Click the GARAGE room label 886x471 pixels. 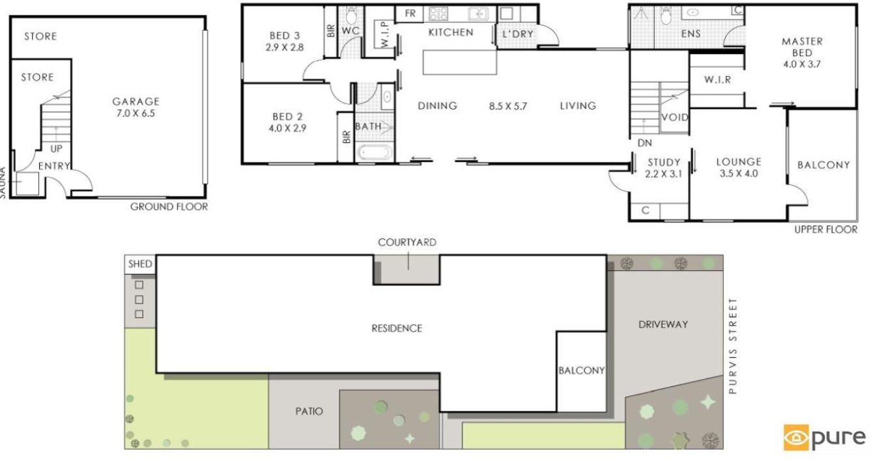click(x=136, y=102)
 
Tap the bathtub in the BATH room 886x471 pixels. click(x=374, y=152)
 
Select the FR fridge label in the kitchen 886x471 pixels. click(x=410, y=14)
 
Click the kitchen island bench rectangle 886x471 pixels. click(x=460, y=62)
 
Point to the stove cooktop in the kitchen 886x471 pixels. click(x=438, y=14)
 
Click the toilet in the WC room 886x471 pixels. click(x=351, y=16)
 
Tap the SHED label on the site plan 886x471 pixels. click(x=140, y=264)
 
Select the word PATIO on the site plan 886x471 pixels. click(x=309, y=411)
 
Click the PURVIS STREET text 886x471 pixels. click(x=733, y=346)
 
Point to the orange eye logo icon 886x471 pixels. click(x=796, y=437)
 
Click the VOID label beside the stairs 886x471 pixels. click(x=675, y=117)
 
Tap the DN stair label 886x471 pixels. click(x=645, y=143)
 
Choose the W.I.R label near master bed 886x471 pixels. click(x=717, y=80)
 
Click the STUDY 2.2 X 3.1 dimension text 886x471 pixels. click(x=664, y=174)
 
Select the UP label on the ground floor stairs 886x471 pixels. click(x=56, y=149)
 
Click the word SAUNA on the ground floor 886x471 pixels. click(x=3, y=182)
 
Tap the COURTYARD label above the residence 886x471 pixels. click(x=407, y=242)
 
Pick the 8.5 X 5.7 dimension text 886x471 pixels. click(x=508, y=106)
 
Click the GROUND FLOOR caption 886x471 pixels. click(x=169, y=207)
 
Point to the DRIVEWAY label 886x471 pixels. click(x=663, y=324)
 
